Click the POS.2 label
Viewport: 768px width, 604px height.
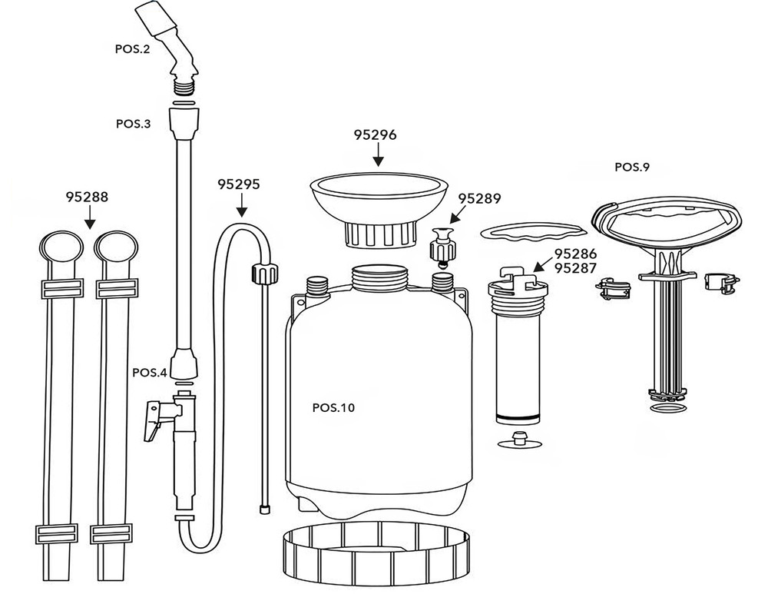click(x=132, y=49)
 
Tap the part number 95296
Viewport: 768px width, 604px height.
click(x=376, y=134)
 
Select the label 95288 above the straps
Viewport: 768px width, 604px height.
click(x=87, y=197)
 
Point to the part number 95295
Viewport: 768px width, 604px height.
click(x=239, y=184)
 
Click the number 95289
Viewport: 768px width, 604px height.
click(x=479, y=198)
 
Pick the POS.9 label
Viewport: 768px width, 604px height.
click(x=632, y=168)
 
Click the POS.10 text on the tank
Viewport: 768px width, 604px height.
click(x=333, y=407)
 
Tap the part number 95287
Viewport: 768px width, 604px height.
click(x=575, y=268)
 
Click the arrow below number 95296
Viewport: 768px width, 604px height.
click(x=377, y=155)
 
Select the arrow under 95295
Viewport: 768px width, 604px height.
click(x=241, y=205)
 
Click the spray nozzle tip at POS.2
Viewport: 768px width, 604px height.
click(x=157, y=17)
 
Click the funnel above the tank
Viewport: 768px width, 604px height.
click(x=380, y=209)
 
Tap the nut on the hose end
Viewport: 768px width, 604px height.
click(x=264, y=273)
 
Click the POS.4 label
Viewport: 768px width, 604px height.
click(x=150, y=373)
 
